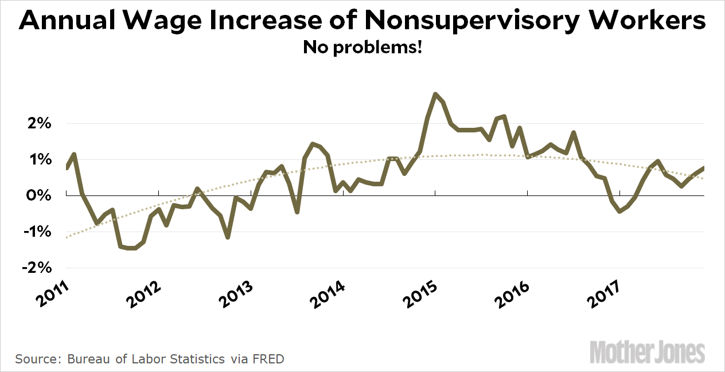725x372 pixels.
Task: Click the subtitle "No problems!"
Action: click(x=362, y=47)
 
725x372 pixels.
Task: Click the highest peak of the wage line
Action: click(x=435, y=93)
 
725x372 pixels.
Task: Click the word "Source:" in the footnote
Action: click(x=38, y=359)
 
